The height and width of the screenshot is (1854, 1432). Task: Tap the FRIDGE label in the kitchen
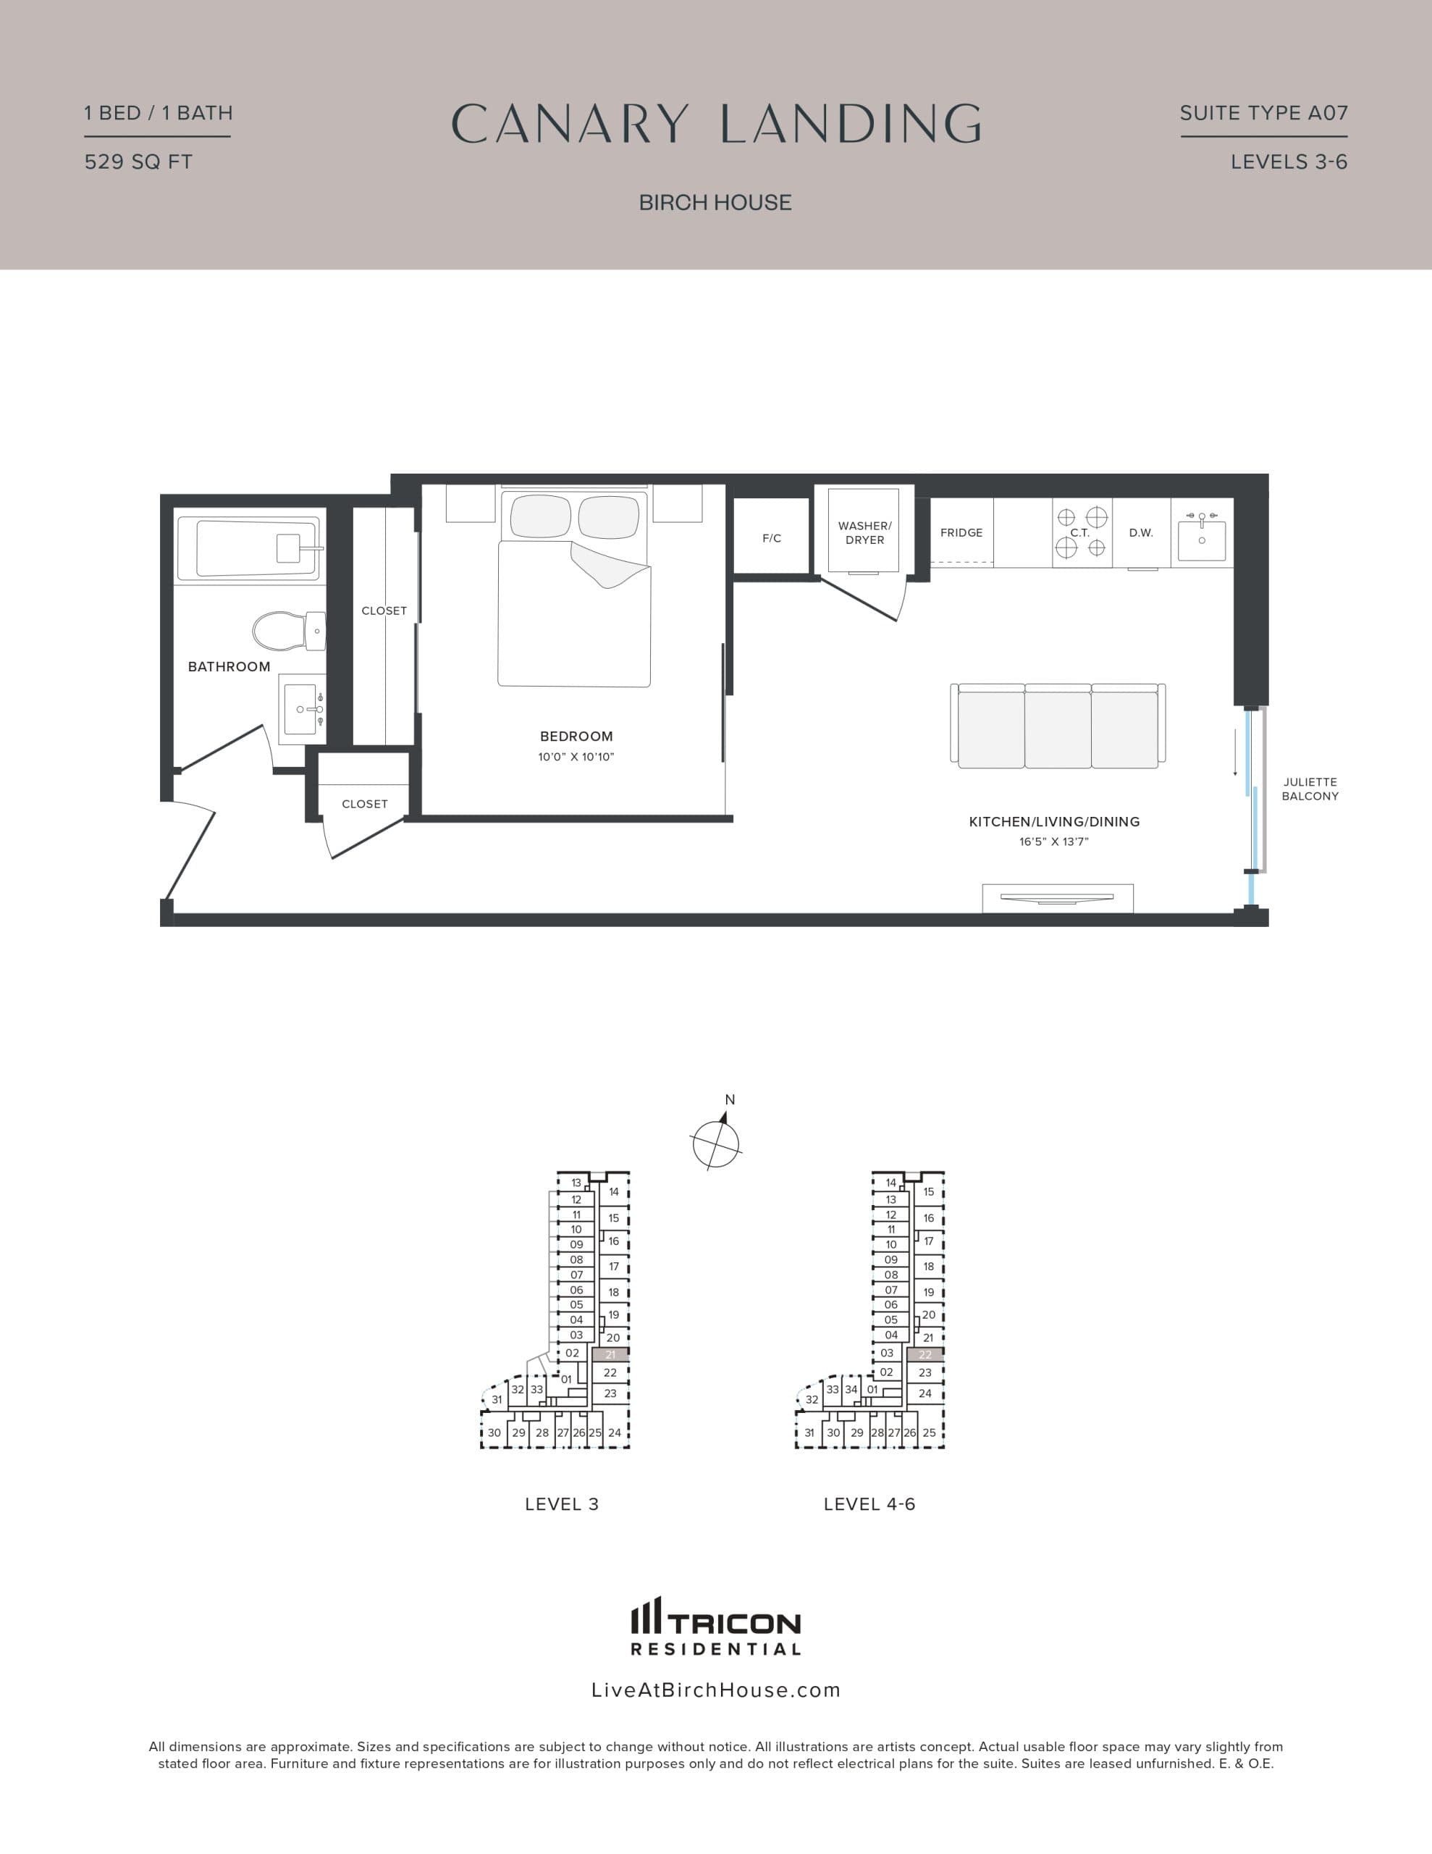[961, 533]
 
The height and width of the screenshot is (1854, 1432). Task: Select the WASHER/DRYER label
[864, 533]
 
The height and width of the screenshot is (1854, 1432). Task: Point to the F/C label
[772, 538]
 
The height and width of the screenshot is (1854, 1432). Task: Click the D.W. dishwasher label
[1141, 533]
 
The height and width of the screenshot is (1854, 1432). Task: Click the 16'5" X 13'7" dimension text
[1053, 842]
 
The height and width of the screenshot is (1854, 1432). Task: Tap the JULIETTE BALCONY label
[1310, 789]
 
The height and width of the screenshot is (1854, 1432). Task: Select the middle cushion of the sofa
[1058, 729]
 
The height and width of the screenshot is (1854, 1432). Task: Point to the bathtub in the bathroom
[250, 548]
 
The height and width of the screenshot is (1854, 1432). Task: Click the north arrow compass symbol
[717, 1143]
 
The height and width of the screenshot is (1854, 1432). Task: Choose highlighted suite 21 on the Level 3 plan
[610, 1355]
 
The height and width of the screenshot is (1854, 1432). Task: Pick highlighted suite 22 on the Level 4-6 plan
[925, 1355]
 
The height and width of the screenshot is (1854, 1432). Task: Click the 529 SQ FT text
[138, 162]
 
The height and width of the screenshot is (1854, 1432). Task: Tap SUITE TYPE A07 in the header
[1263, 113]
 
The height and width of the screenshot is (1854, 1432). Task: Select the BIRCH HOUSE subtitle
[715, 203]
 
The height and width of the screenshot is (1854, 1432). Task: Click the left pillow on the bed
[541, 516]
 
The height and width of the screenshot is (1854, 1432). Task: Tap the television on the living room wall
[1057, 897]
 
